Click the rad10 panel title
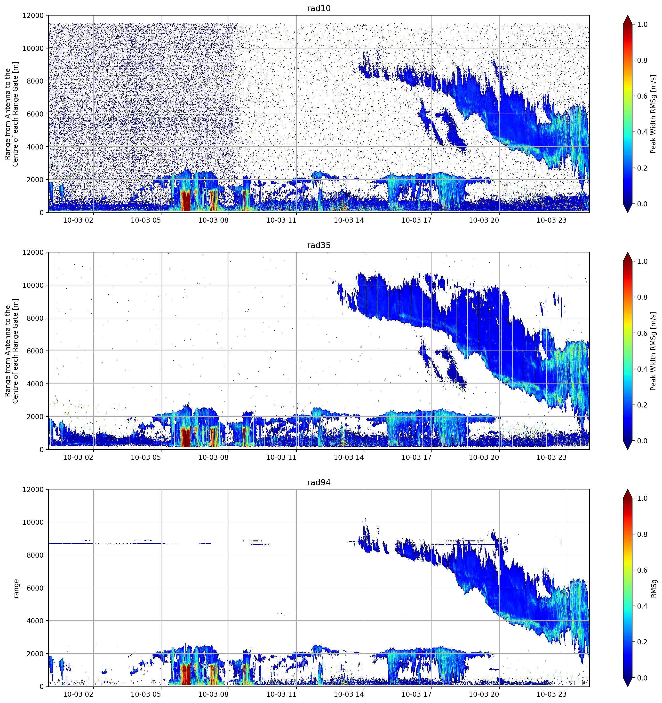coord(319,8)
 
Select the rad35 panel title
coord(319,245)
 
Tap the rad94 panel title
coord(319,482)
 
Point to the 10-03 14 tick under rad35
coord(349,457)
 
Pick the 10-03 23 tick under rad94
coord(552,694)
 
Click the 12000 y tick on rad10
coord(33,16)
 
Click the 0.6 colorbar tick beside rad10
coord(642,96)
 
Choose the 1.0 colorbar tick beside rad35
coord(642,261)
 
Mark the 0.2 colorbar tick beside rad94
coord(642,642)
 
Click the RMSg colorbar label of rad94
coord(654,588)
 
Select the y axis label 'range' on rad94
coord(16,588)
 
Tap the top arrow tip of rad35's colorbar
coord(628,252)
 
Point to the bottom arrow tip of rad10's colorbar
coord(628,212)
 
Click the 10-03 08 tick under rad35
coord(213,457)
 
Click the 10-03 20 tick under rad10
coord(484,220)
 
